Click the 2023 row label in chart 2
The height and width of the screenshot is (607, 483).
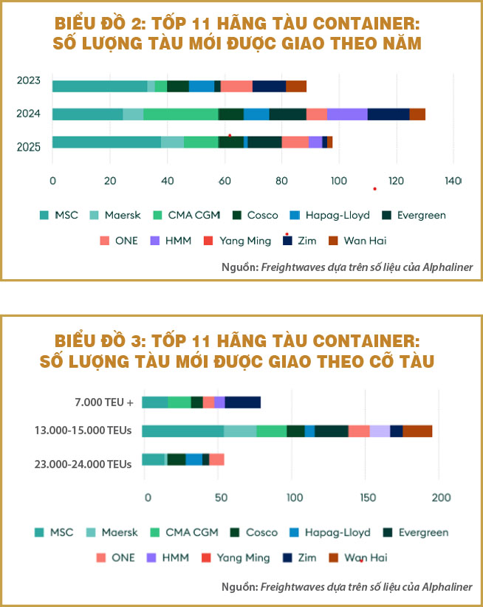30,81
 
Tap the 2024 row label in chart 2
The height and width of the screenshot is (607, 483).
30,114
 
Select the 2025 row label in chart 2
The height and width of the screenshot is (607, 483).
30,147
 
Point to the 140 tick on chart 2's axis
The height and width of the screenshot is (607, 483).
453,180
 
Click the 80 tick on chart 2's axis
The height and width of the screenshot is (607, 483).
281,180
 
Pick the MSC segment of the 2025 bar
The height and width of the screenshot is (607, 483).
106,143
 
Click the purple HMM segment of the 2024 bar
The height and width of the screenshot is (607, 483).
347,114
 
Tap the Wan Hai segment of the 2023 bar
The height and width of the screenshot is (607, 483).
296,86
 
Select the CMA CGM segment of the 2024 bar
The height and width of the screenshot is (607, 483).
181,114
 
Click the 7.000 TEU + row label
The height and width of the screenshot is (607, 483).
103,402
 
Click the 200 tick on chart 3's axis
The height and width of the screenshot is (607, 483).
439,498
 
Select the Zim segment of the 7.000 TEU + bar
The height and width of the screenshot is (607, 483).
243,402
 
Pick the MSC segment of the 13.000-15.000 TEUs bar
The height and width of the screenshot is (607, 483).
182,431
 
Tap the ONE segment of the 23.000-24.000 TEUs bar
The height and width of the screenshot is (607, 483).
216,460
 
